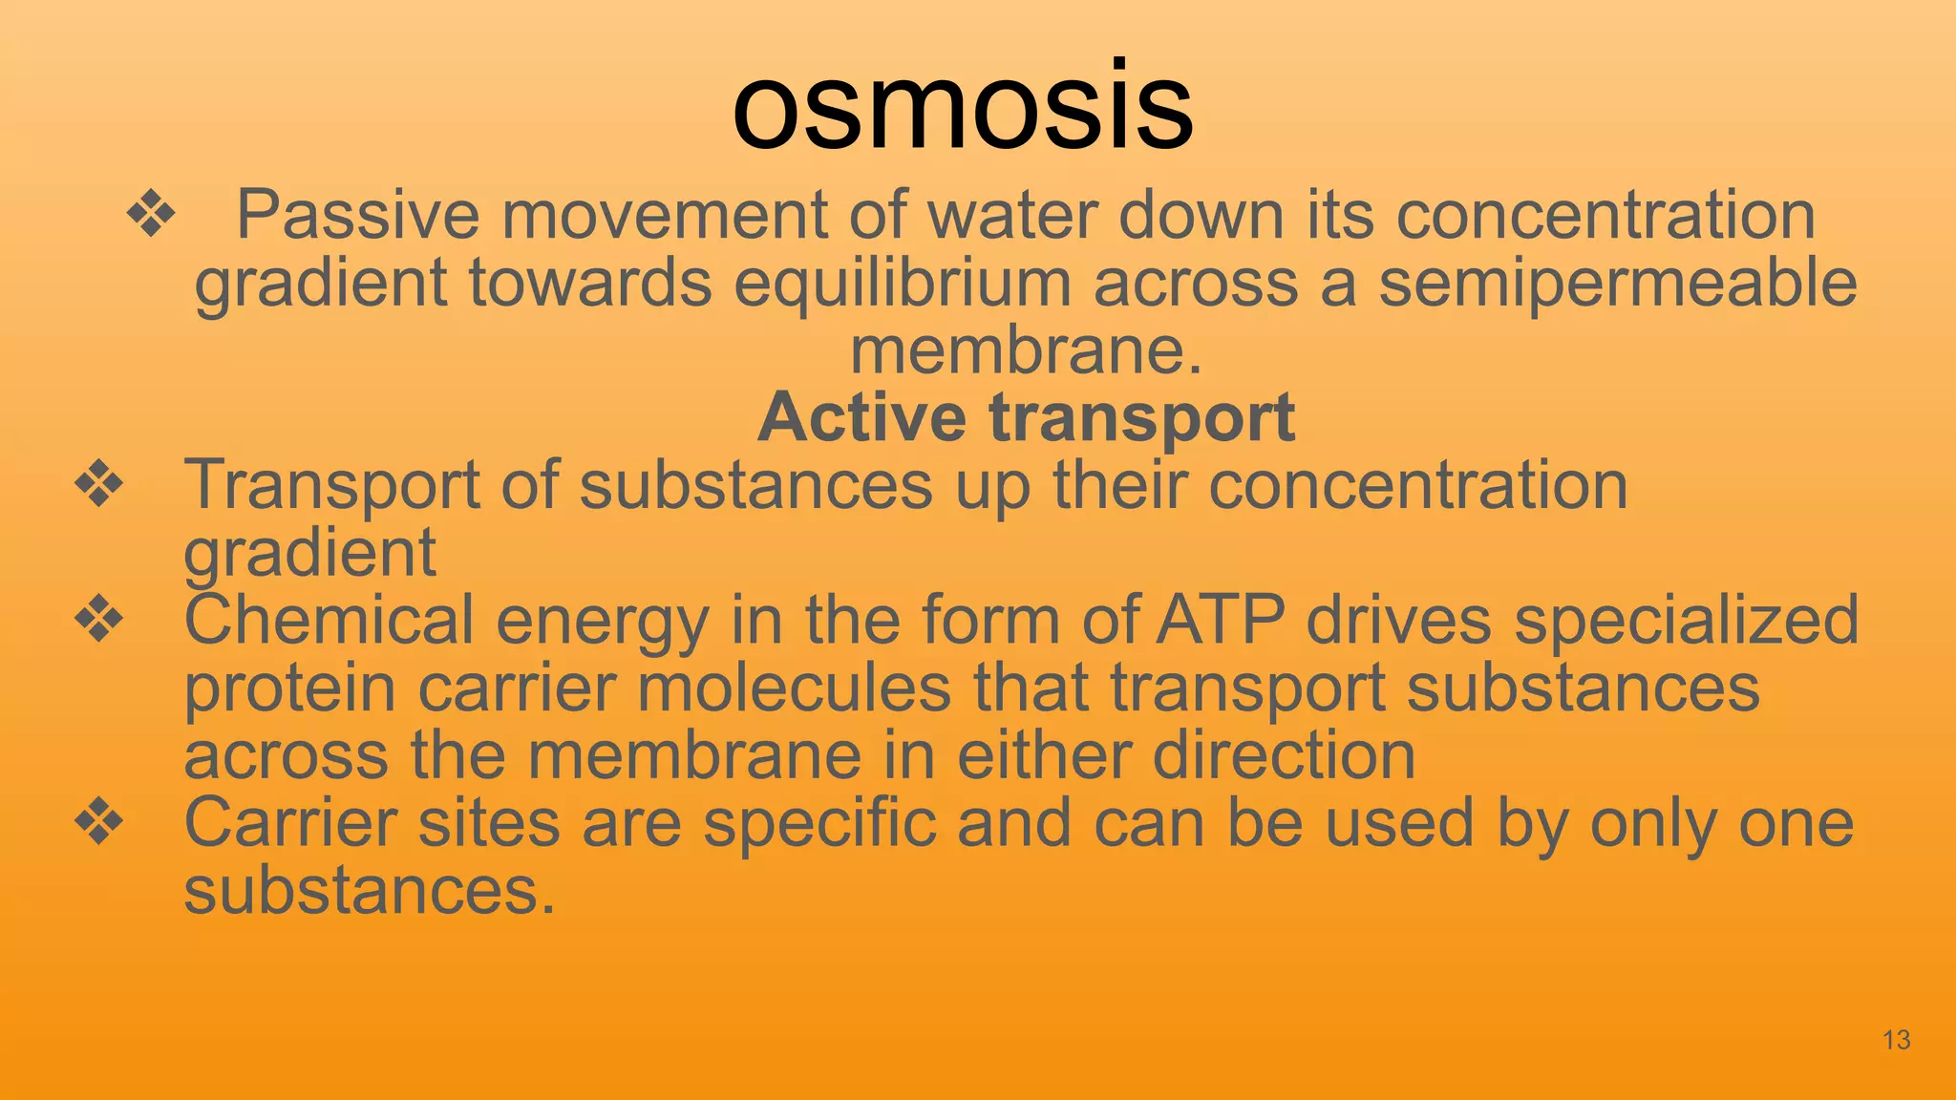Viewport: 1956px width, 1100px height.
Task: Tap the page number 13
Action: point(1896,1040)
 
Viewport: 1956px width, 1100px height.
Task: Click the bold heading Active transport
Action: point(1026,417)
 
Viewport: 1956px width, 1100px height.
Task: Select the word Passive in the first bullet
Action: point(357,215)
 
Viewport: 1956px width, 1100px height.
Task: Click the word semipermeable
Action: point(1618,284)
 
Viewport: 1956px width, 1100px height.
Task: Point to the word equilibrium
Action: point(903,284)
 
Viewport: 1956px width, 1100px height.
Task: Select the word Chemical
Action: point(329,620)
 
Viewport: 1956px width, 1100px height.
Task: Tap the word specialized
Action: point(1687,622)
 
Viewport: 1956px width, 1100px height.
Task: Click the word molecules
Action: point(794,687)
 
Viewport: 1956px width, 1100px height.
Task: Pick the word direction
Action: point(1284,755)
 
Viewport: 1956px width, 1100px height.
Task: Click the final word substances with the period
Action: point(369,891)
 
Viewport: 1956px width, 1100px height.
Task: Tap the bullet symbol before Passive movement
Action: point(151,215)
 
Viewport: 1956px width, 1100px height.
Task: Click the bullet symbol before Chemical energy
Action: point(99,620)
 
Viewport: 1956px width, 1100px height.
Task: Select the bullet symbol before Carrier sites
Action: point(99,822)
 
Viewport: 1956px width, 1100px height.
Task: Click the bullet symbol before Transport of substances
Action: point(99,484)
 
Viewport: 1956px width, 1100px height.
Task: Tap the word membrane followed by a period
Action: point(1026,350)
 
